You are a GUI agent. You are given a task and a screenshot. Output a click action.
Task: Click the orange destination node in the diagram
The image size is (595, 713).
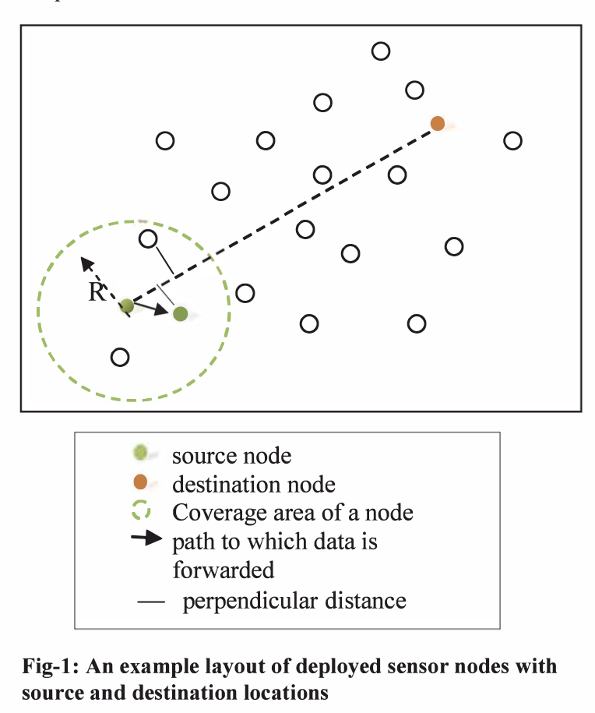(438, 123)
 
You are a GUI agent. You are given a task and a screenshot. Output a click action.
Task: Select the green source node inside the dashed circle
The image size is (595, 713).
(127, 305)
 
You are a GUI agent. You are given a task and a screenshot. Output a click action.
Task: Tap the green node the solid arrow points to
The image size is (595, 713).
(180, 314)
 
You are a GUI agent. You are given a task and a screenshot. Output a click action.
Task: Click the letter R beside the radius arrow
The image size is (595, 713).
(97, 292)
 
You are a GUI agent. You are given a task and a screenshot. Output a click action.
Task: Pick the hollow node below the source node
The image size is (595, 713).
(120, 357)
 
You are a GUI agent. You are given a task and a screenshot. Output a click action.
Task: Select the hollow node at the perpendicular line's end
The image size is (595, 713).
(148, 239)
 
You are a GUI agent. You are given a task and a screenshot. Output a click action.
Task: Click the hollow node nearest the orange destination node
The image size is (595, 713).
(415, 90)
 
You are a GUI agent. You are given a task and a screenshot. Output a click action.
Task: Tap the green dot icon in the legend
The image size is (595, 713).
(140, 453)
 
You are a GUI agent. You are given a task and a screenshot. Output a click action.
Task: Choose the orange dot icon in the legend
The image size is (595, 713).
(140, 484)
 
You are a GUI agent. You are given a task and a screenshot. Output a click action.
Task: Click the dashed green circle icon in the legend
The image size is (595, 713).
(140, 513)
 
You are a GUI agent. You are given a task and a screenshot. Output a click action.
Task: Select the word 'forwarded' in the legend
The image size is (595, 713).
(224, 570)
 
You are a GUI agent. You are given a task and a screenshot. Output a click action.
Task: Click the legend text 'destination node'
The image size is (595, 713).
(254, 485)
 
